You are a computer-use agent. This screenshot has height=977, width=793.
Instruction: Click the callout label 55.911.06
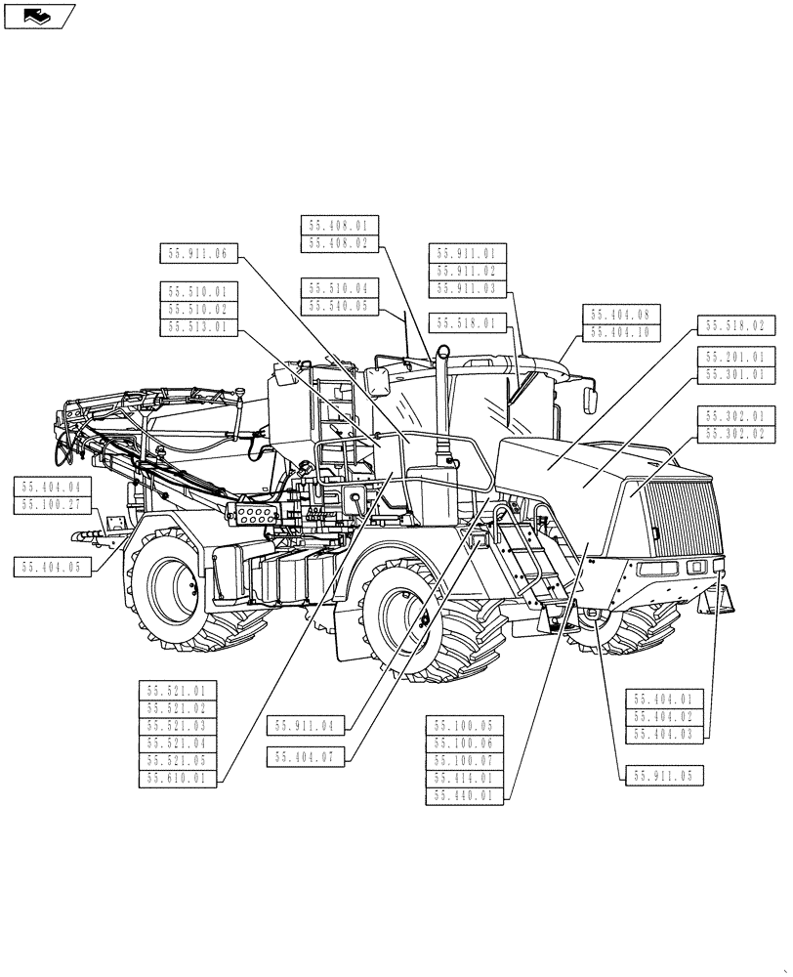[197, 253]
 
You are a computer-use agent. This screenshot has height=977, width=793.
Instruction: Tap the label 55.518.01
[466, 322]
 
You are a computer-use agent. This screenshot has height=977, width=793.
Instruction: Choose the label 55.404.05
[53, 566]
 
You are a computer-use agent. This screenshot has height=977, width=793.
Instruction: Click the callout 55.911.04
[305, 726]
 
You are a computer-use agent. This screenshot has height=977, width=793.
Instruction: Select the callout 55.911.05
[661, 775]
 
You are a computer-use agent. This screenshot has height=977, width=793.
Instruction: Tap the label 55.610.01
[177, 779]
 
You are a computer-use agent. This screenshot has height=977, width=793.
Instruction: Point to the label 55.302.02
[735, 434]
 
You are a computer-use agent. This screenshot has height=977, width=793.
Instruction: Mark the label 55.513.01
[197, 327]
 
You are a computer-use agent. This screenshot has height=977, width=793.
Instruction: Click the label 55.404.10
[621, 332]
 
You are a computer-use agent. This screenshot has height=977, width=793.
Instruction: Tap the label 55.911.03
[466, 288]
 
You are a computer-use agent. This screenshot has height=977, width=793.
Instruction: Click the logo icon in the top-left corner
[38, 16]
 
